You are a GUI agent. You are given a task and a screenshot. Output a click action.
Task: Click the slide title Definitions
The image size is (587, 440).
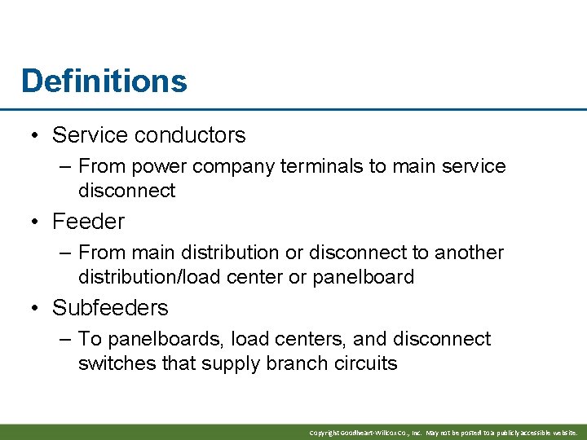[104, 81]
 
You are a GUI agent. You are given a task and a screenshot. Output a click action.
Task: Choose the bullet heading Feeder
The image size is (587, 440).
[88, 221]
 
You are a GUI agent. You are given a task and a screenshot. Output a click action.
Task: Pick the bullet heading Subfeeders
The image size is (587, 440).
[110, 307]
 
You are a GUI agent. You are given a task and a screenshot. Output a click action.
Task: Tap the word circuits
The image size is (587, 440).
[366, 363]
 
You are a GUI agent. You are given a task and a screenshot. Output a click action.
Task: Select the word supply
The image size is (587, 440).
[232, 364]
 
